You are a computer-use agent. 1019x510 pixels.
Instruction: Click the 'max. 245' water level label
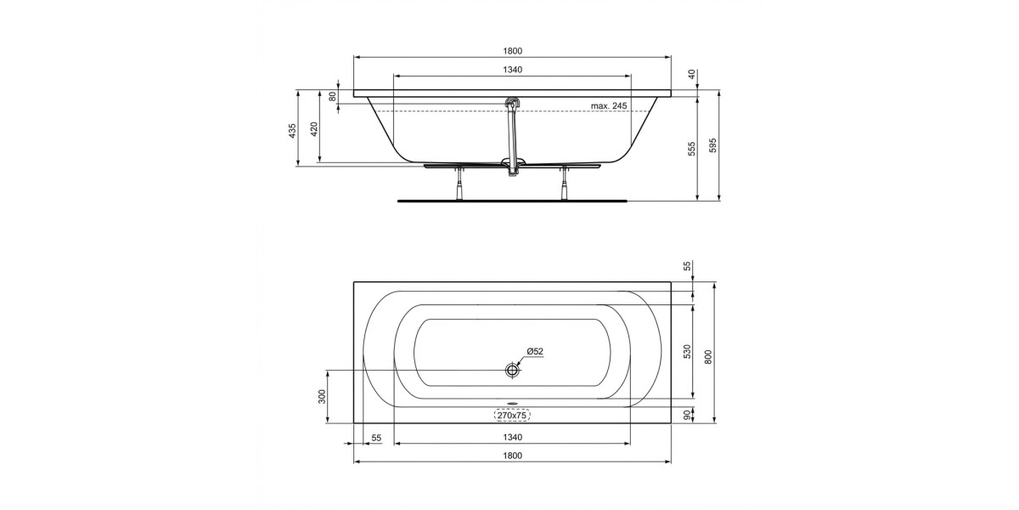coord(609,105)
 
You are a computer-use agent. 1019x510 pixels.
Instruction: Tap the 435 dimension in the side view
coord(292,131)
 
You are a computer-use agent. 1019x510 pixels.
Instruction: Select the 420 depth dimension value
coord(314,129)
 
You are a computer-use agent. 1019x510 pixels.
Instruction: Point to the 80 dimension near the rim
coord(333,97)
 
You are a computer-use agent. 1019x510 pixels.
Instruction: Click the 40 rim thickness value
coord(692,74)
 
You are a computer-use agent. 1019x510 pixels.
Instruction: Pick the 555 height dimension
coord(692,149)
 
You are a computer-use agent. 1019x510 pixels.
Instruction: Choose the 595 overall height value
coord(712,145)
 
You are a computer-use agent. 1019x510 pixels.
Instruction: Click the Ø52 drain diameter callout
coord(535,351)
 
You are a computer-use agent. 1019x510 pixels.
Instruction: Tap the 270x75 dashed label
coord(512,416)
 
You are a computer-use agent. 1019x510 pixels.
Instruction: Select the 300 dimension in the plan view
coord(322,397)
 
